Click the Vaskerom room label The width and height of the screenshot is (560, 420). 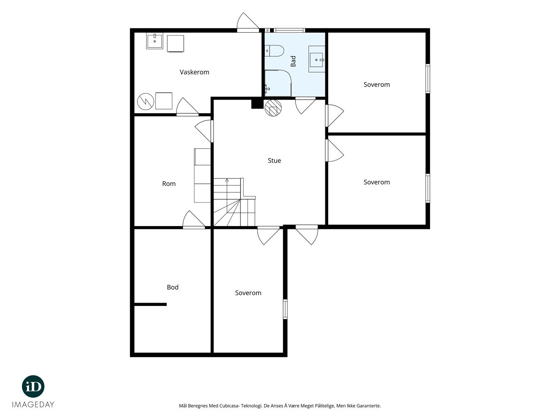(194, 72)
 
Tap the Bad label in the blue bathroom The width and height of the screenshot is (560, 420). (293, 61)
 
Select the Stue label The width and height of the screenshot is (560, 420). (274, 161)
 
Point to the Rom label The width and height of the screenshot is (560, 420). (169, 184)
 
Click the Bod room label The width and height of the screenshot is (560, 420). (172, 287)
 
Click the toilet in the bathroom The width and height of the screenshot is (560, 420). (274, 51)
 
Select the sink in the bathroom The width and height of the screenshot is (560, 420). (317, 59)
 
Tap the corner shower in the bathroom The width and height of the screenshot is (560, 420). (278, 83)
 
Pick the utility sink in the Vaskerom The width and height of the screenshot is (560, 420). (155, 41)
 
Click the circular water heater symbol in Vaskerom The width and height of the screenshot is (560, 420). (145, 101)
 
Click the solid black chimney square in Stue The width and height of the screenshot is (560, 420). (257, 104)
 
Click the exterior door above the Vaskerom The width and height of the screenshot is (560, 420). (248, 23)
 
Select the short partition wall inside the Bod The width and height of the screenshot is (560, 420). (151, 304)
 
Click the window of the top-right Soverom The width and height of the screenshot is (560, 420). (428, 78)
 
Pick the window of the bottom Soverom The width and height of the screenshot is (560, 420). (285, 309)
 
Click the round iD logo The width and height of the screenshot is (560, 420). (33, 386)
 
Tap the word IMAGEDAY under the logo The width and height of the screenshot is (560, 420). (33, 404)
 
